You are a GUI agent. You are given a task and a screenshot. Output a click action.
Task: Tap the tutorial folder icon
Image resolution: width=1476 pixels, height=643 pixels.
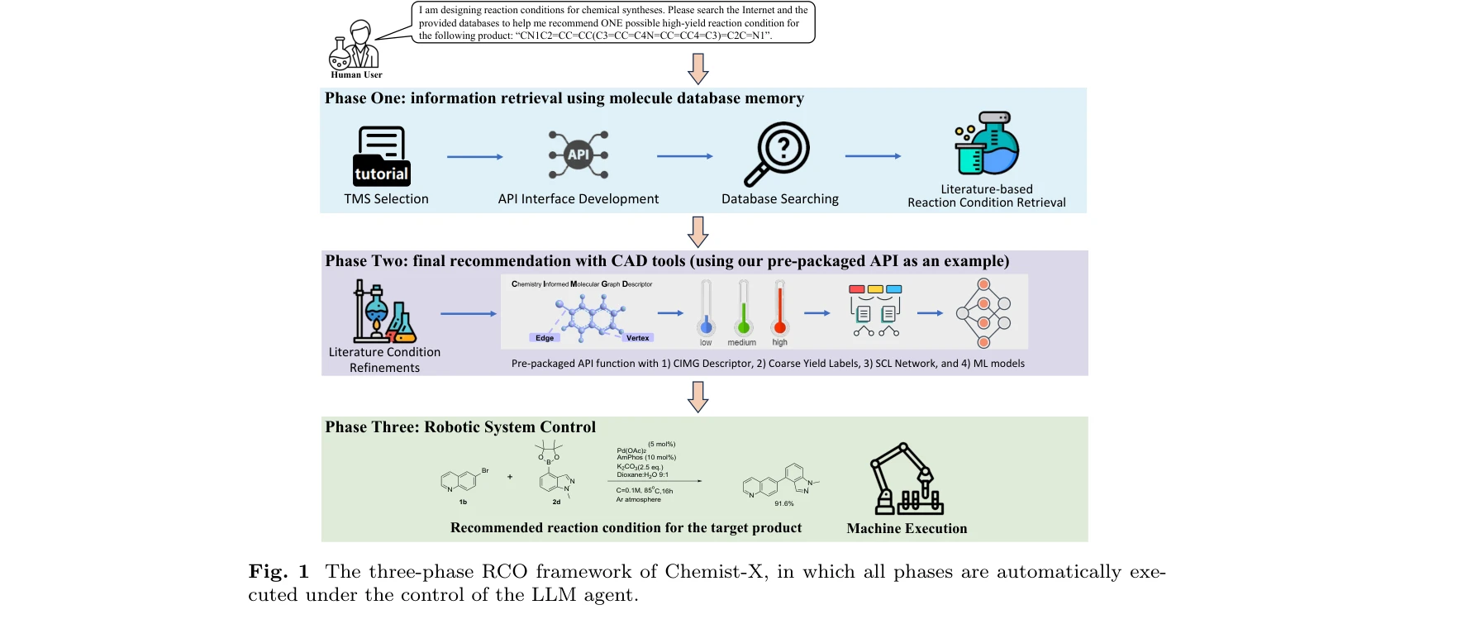pos(382,156)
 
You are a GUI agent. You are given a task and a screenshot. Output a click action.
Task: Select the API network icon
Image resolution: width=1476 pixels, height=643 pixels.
pos(578,155)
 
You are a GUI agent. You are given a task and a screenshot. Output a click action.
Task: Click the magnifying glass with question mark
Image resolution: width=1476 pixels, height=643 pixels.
pos(778,154)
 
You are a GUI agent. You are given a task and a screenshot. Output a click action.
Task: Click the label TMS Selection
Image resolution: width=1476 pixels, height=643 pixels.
pos(386,199)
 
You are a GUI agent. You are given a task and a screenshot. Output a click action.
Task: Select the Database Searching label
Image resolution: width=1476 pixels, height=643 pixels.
pos(779,199)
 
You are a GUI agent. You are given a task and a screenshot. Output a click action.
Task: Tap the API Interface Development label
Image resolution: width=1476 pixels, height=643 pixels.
pos(578,199)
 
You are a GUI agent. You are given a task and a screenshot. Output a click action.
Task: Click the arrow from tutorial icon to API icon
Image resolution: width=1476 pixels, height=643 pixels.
pos(474,156)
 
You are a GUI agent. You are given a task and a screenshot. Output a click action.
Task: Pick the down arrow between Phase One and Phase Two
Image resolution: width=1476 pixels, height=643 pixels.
pos(698,231)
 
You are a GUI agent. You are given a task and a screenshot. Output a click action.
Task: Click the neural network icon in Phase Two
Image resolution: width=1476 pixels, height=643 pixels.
pos(983,313)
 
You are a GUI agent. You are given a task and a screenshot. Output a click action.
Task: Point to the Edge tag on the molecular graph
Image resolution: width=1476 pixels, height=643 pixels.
pos(545,338)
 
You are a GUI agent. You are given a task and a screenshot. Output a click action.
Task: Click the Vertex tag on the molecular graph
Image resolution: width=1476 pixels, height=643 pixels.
pos(637,338)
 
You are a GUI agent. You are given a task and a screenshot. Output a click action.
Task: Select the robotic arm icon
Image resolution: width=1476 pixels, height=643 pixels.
pos(906,479)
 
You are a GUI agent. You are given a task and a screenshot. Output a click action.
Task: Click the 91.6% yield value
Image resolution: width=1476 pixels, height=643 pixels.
pos(783,503)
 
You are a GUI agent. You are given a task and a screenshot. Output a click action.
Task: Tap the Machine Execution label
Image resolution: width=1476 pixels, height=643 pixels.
pos(907,529)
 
